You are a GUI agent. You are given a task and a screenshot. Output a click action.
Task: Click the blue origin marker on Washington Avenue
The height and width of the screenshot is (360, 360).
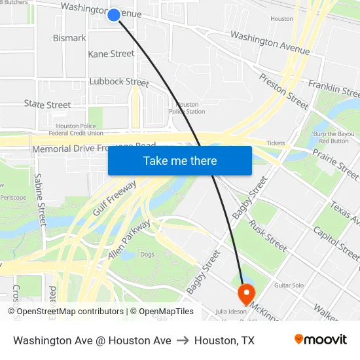click(114, 14)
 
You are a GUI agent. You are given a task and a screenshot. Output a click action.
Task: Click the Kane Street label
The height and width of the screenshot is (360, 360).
click(111, 54)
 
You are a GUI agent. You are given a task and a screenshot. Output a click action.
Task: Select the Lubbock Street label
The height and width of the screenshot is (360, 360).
click(119, 82)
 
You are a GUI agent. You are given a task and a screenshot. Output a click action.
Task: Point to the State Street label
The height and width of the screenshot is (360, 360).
click(47, 105)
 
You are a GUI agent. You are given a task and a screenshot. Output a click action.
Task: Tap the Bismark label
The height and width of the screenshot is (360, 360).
click(69, 38)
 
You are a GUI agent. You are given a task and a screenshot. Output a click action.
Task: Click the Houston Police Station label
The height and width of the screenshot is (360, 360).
click(187, 108)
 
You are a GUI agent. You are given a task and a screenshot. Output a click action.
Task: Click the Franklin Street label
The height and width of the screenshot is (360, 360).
click(333, 86)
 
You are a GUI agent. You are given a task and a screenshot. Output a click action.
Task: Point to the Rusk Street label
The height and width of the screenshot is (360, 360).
click(268, 235)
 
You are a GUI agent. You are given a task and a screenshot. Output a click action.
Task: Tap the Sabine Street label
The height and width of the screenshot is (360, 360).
click(41, 200)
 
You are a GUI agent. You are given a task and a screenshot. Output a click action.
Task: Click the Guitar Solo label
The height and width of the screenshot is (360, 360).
click(289, 285)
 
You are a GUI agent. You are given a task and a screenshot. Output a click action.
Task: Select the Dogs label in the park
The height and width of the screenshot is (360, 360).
click(147, 254)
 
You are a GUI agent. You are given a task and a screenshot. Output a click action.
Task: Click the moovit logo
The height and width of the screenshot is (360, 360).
click(321, 340)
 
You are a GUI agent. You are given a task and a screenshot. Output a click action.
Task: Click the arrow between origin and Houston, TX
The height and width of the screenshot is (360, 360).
click(183, 340)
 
